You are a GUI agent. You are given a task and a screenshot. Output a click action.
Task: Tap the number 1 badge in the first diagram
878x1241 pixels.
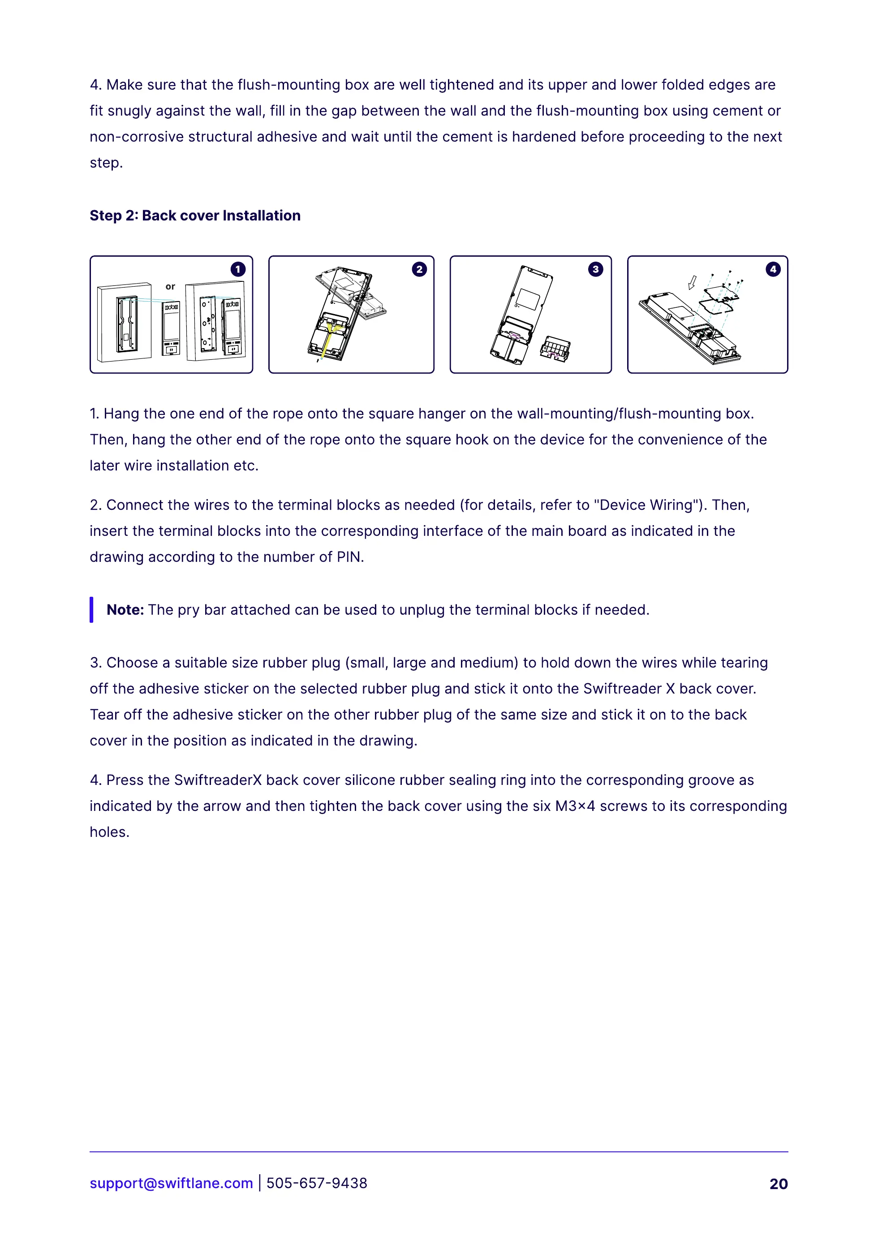(x=238, y=269)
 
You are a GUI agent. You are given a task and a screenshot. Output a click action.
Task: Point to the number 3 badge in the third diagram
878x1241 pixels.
(x=595, y=269)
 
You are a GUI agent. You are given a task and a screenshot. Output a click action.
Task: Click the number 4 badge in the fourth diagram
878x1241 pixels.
(x=773, y=269)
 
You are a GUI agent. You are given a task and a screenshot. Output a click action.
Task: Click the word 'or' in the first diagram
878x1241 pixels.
(x=170, y=287)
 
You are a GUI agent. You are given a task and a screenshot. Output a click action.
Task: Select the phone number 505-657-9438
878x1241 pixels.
(x=317, y=1183)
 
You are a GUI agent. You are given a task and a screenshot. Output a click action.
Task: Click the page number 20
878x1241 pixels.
(x=779, y=1184)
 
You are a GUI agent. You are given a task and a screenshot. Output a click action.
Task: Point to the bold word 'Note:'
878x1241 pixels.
(x=125, y=610)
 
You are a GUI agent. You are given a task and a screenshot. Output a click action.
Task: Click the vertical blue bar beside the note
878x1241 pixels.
(x=91, y=610)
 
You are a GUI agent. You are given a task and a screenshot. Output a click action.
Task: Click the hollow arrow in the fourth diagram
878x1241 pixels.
(x=692, y=282)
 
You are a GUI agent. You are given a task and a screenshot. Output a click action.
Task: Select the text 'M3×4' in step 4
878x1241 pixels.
(x=575, y=806)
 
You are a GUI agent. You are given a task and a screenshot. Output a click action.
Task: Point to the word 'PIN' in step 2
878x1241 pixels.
(x=348, y=557)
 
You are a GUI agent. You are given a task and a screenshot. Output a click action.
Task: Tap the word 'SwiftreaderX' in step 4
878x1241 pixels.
(x=218, y=780)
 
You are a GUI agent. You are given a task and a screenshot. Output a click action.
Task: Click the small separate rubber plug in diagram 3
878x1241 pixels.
(x=555, y=349)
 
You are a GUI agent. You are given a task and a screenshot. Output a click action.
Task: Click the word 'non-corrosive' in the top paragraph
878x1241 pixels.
(x=136, y=137)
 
